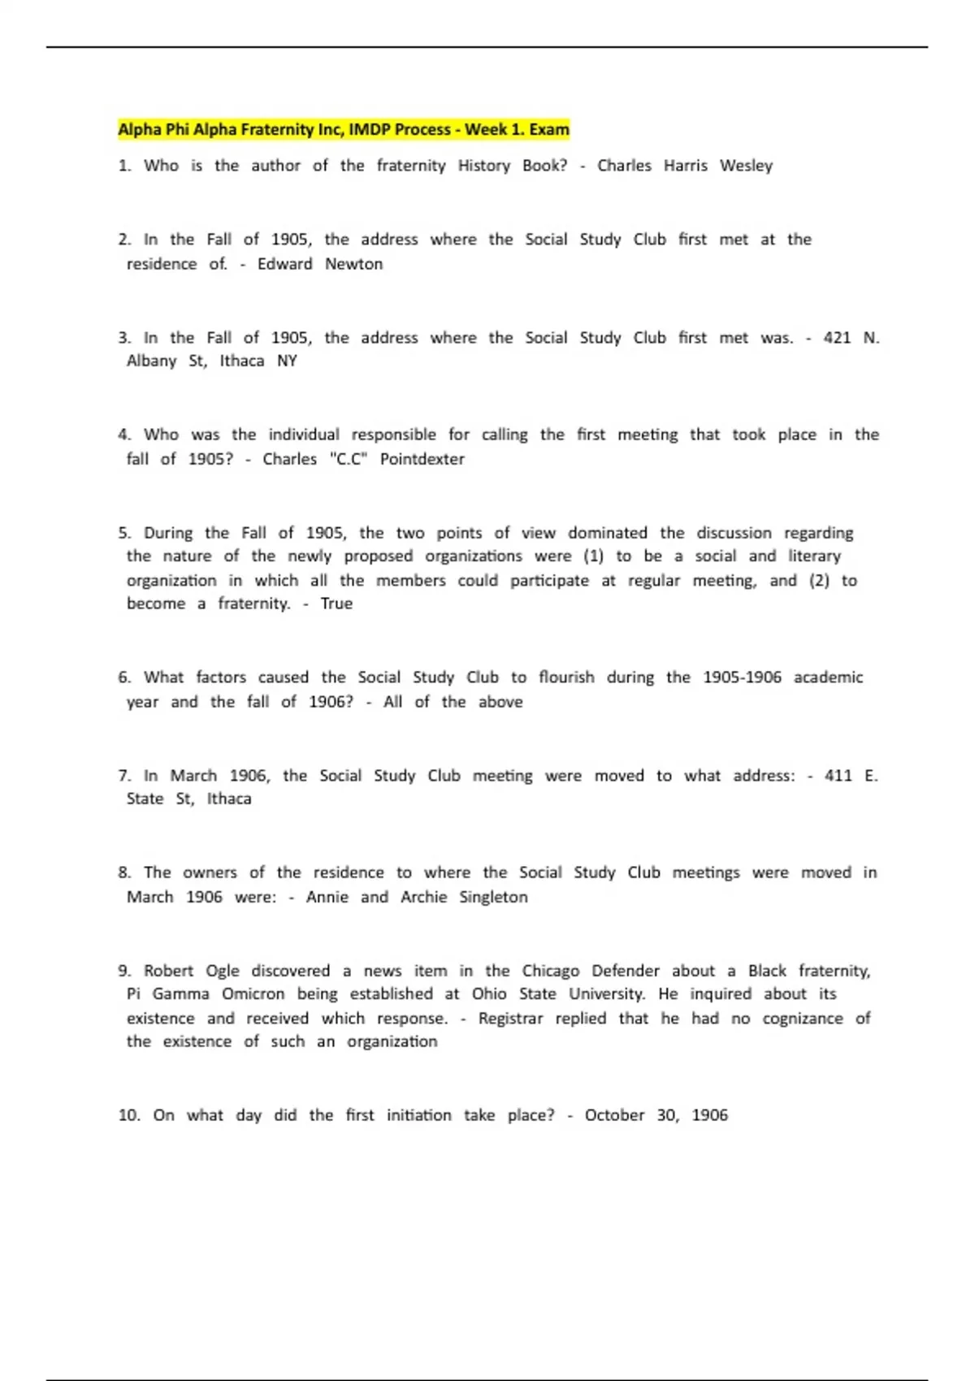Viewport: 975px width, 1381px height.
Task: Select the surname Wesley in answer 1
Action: [746, 166]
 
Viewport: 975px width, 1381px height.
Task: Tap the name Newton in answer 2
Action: [353, 264]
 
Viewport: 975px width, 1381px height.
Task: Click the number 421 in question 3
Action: [837, 338]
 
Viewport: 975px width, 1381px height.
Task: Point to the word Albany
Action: [151, 361]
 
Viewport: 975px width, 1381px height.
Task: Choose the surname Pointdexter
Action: [422, 459]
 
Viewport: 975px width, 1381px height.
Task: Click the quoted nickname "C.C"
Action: [349, 459]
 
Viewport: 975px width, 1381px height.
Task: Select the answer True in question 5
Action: [336, 604]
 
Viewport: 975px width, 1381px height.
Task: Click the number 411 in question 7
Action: [838, 776]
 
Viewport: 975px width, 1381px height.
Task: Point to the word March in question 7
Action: [193, 776]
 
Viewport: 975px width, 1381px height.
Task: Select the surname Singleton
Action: [493, 897]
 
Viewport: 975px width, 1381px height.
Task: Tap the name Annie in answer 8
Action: [327, 897]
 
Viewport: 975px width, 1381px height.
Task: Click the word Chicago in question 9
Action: [550, 971]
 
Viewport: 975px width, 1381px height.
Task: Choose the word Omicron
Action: [253, 994]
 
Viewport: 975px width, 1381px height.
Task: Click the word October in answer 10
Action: [614, 1115]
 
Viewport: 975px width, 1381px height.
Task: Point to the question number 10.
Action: [128, 1115]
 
